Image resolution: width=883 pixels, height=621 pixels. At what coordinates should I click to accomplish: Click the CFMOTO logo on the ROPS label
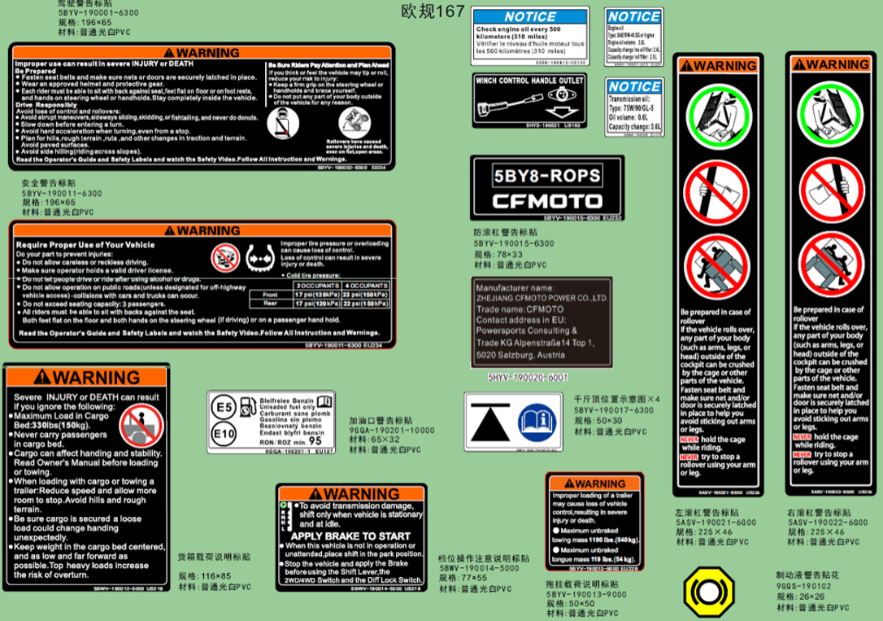[x=546, y=201]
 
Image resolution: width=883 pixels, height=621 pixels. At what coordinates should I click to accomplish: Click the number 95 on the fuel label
[x=315, y=440]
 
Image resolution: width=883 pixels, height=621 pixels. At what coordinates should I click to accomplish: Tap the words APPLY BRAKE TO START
[x=350, y=536]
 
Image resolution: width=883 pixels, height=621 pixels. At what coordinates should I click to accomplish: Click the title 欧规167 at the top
[x=433, y=11]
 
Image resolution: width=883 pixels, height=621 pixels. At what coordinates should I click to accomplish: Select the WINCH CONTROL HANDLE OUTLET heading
[x=529, y=81]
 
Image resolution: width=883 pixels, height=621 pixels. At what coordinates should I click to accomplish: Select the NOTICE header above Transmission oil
[x=633, y=86]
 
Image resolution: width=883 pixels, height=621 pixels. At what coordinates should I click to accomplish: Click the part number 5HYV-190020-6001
[x=528, y=378]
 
